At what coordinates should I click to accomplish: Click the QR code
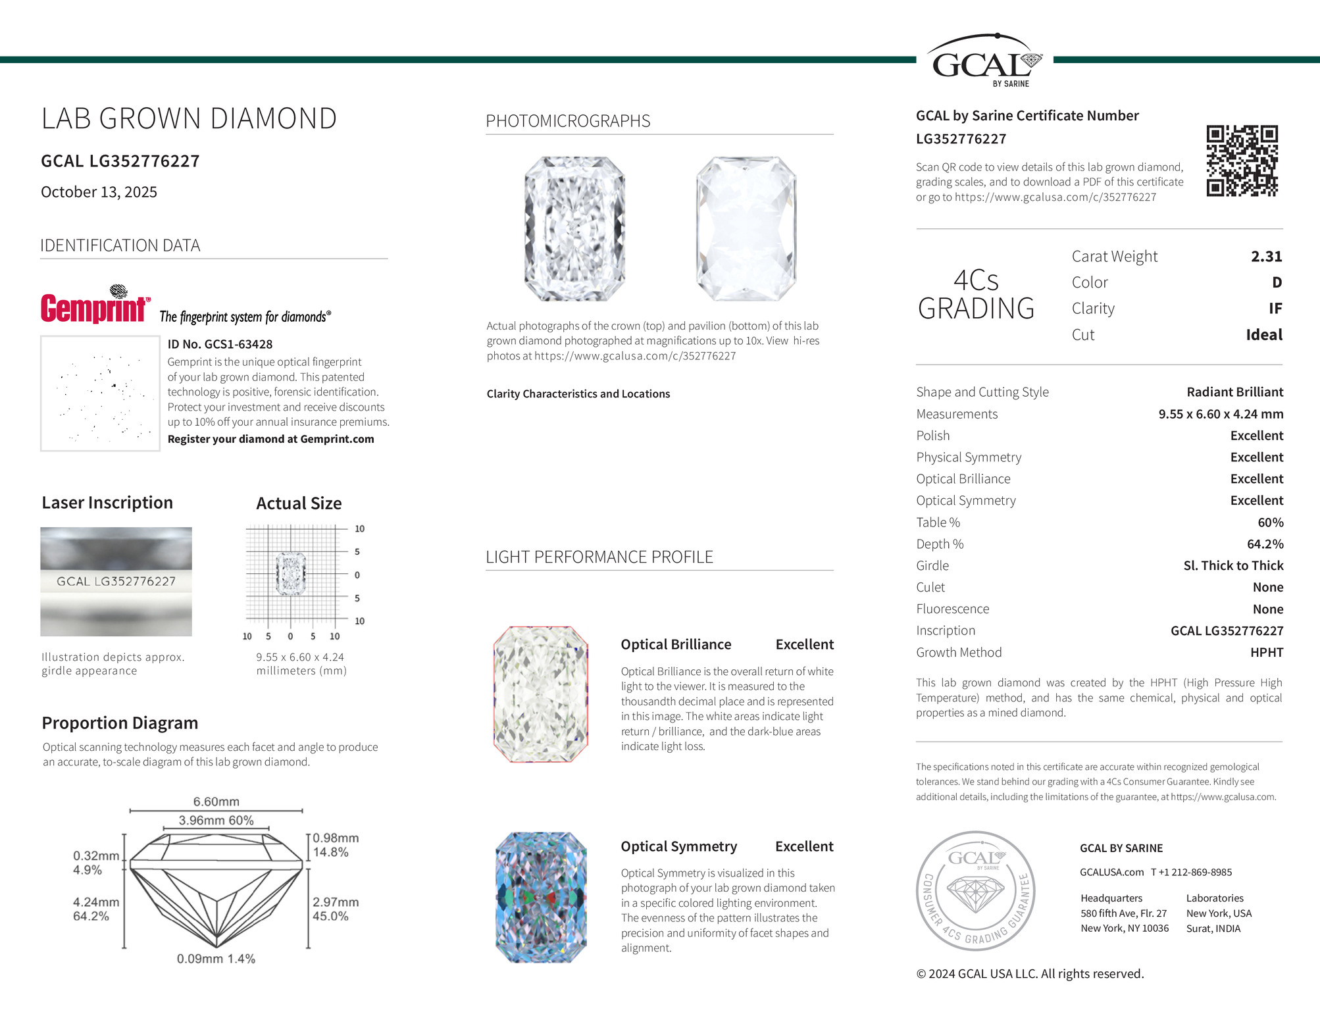pos(1242,161)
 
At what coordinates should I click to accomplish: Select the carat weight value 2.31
pos(1266,257)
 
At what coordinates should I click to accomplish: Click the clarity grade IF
pos(1275,309)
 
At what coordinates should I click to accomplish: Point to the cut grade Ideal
pos(1263,335)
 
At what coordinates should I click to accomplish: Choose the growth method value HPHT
pos(1266,653)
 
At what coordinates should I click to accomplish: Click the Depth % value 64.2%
pos(1265,544)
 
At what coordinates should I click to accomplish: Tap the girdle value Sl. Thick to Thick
pos(1232,566)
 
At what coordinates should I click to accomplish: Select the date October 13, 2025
pos(99,192)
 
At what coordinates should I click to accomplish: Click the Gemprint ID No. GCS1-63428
pos(220,344)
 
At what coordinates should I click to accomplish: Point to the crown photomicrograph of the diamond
pos(574,228)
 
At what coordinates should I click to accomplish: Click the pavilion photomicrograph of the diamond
pos(746,228)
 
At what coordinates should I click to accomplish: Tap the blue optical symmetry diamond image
pos(540,898)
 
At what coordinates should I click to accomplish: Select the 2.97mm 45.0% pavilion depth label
pos(335,909)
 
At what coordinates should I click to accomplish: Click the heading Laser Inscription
pos(107,503)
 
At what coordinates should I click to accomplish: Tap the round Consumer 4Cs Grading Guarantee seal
pos(975,890)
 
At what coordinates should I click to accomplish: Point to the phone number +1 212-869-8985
pos(1191,873)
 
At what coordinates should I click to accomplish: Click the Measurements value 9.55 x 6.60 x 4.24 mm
pos(1220,415)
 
